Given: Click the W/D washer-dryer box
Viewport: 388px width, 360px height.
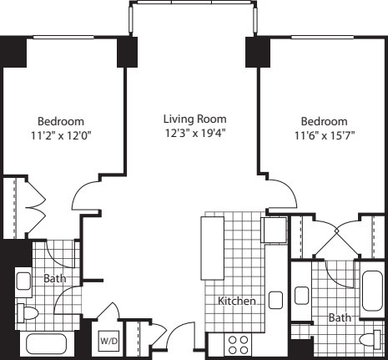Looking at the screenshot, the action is [108, 341].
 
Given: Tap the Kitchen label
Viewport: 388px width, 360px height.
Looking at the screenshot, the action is [237, 301].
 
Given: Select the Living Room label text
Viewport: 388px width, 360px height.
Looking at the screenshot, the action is [194, 119].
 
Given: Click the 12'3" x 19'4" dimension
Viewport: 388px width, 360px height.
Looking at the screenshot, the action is [195, 133].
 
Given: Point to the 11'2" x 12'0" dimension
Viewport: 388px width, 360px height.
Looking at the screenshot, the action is [61, 135].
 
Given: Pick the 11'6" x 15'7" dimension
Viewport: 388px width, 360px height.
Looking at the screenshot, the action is [325, 135].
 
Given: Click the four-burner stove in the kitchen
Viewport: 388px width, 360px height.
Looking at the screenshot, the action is [238, 345].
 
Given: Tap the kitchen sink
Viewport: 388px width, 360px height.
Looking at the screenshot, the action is [275, 300].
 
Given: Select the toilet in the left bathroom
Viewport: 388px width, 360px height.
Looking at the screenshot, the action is [28, 313].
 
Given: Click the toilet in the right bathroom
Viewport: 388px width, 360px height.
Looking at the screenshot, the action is [370, 340].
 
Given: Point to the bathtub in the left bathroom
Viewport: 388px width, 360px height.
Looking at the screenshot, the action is [46, 344].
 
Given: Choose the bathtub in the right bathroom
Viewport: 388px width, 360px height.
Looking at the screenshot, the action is [372, 291].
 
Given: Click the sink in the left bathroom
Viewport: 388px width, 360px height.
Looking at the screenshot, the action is [23, 281].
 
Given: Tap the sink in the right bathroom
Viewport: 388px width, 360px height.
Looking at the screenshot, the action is [301, 296].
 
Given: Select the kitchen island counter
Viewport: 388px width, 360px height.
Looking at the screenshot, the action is [213, 248].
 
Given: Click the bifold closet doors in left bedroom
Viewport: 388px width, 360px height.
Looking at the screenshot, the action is [36, 207].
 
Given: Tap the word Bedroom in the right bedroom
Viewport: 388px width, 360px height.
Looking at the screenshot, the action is [325, 121].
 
